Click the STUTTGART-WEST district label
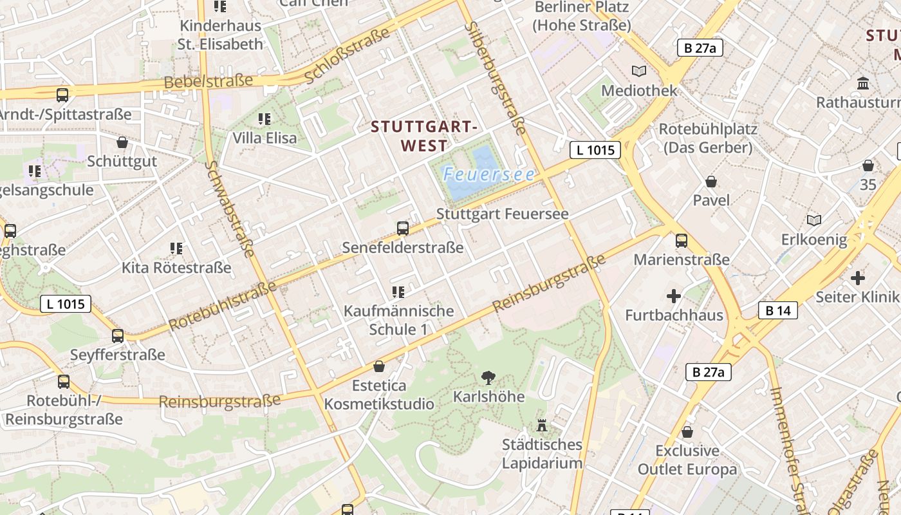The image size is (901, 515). point(424,136)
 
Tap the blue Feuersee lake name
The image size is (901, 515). point(489,174)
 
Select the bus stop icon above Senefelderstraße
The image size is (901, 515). point(403,228)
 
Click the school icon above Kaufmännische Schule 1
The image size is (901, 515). point(398,292)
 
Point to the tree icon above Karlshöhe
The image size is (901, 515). point(488,377)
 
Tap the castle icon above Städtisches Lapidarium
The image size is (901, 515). point(542,425)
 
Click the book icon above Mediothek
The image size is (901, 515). point(639,71)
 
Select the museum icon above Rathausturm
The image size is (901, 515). point(864,83)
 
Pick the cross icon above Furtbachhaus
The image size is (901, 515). point(674,296)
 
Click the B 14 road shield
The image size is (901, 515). point(778,311)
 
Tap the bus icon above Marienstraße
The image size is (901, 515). point(682,241)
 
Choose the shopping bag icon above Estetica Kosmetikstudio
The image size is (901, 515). point(379,366)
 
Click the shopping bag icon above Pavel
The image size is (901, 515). point(711,182)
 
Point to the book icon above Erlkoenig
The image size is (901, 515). point(814,220)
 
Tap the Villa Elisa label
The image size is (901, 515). point(265,138)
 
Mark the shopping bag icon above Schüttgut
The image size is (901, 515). point(122,142)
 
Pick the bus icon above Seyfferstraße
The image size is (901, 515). point(118,335)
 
